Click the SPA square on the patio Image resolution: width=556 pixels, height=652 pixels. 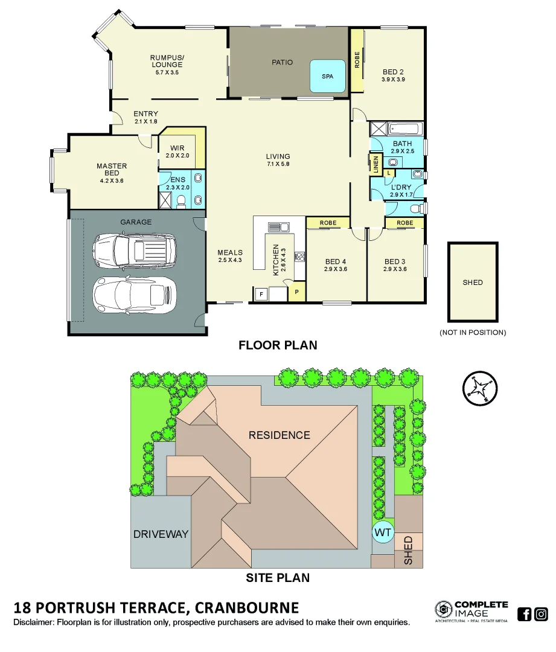(328, 76)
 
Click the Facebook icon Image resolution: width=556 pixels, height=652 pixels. (525, 614)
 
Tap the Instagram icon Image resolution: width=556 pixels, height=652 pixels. (542, 614)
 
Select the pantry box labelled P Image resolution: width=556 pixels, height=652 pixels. (296, 293)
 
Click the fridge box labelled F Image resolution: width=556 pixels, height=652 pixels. (261, 293)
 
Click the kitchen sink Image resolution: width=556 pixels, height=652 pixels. (278, 227)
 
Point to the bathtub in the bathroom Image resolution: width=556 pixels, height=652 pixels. (406, 129)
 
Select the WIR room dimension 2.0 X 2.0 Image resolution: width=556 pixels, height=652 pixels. (177, 156)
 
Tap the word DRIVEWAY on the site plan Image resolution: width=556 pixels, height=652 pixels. (161, 534)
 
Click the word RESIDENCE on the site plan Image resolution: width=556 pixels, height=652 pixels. (280, 435)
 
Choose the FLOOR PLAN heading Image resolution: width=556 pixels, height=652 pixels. (278, 345)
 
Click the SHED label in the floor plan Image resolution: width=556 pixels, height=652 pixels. (473, 282)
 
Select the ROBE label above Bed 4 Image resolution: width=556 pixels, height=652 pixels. (328, 223)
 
